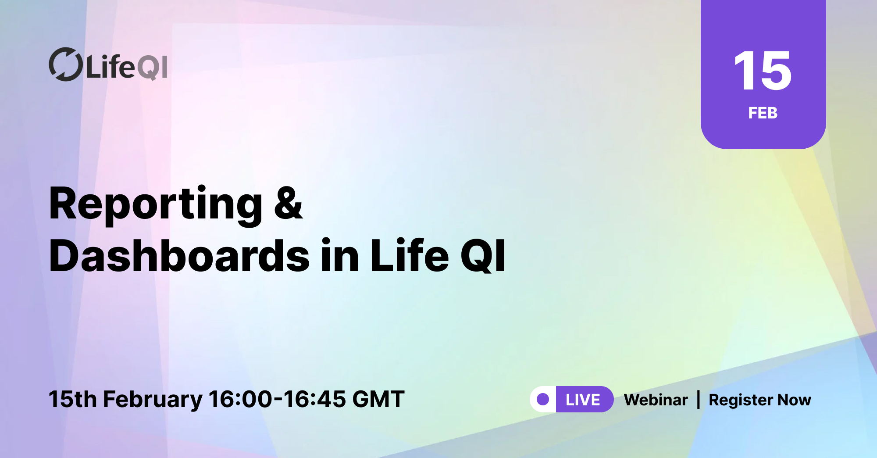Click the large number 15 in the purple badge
[763, 71]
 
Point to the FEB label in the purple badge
[763, 113]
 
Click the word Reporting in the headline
[156, 204]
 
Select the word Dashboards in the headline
[179, 256]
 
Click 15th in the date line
[72, 399]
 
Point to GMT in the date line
[378, 399]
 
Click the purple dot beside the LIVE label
[543, 399]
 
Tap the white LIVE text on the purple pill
[583, 400]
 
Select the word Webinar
[656, 400]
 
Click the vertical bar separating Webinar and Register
[699, 400]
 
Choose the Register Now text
[760, 400]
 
